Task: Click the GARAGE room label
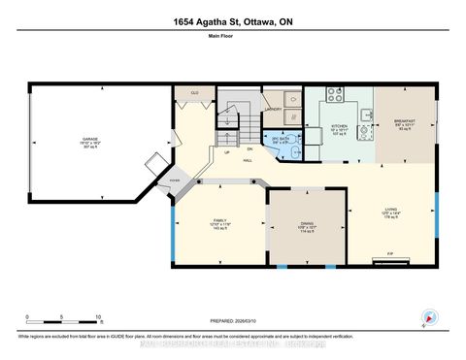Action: click(90, 141)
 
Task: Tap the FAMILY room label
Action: click(219, 222)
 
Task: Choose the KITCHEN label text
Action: click(338, 126)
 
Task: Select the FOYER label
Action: click(175, 180)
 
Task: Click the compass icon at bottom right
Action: click(427, 316)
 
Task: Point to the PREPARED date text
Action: click(233, 320)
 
